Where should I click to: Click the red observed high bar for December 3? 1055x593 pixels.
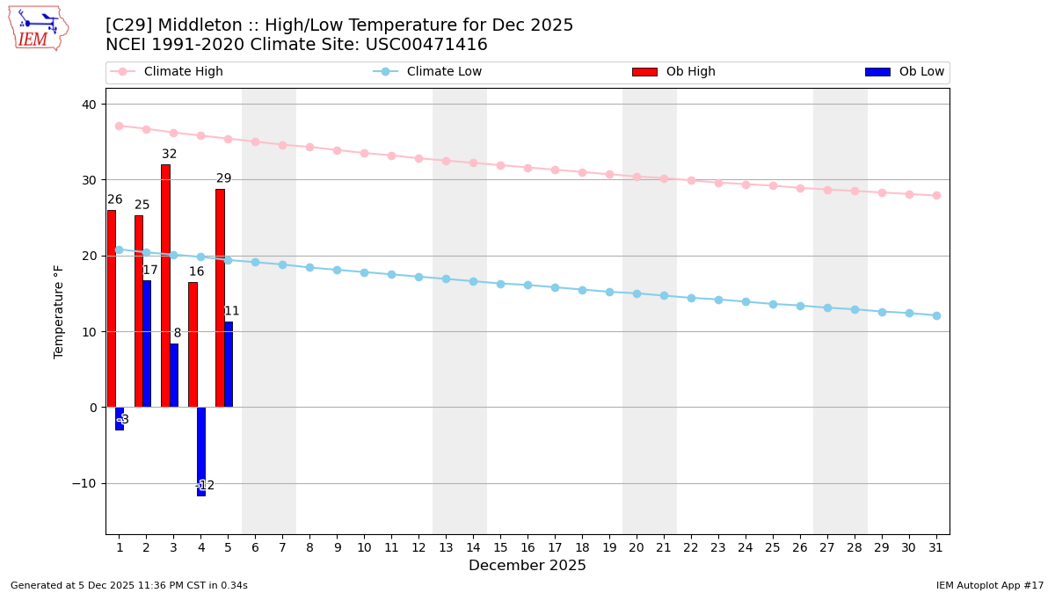click(165, 286)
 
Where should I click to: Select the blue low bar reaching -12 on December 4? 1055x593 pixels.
click(201, 451)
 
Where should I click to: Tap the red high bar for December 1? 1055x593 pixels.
click(111, 308)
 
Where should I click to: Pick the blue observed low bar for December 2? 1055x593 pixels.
click(147, 344)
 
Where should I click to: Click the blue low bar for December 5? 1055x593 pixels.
click(229, 364)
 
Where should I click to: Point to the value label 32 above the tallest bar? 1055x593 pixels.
click(169, 155)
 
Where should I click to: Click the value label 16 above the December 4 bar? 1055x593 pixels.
click(196, 272)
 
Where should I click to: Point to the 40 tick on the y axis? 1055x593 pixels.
click(90, 105)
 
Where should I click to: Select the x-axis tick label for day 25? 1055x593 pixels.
click(773, 547)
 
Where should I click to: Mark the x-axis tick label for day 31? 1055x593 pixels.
click(936, 547)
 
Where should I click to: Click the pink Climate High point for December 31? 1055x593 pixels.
click(936, 195)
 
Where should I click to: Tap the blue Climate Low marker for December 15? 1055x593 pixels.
click(500, 284)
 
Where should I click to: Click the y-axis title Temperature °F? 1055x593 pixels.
click(59, 311)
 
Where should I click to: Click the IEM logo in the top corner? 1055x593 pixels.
click(39, 28)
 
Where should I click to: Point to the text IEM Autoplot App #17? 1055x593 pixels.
click(990, 585)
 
